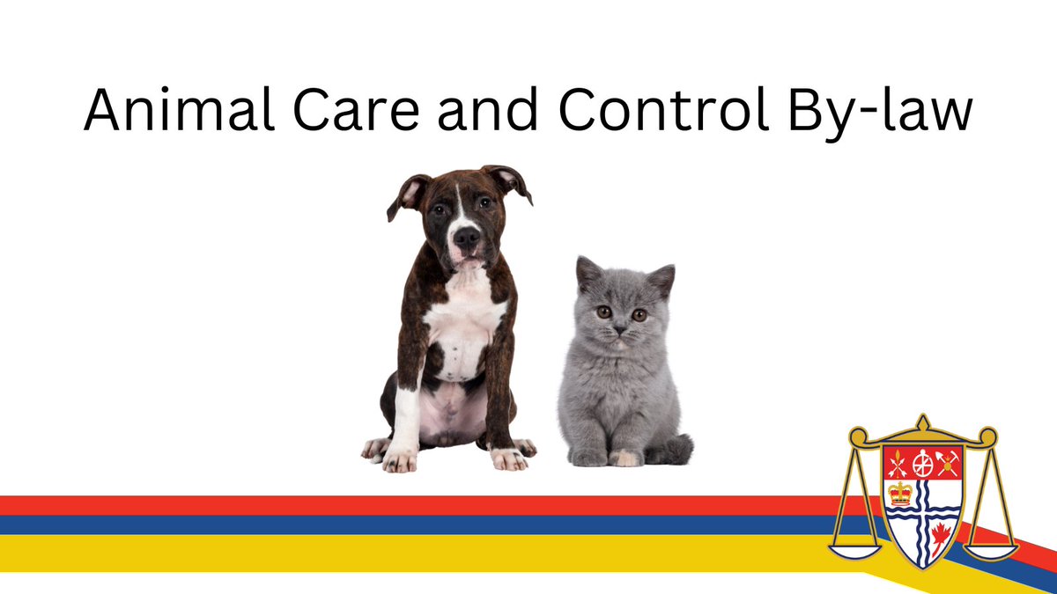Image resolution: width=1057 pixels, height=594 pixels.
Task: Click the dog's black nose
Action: [467, 236]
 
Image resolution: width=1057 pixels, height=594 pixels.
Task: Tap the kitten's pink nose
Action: [620, 330]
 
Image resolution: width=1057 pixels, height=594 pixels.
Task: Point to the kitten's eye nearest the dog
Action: [603, 312]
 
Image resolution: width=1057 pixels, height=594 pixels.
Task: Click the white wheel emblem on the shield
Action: [923, 462]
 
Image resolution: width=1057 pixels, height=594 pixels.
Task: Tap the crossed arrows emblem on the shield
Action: [898, 462]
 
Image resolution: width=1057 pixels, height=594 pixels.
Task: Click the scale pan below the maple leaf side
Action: [994, 551]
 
